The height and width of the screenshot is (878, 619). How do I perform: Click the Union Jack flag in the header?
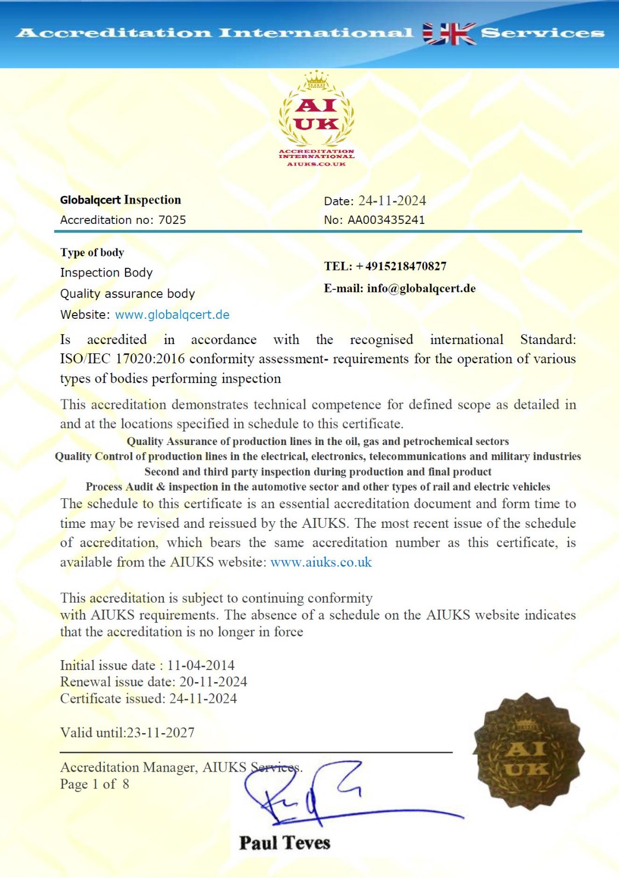[449, 34]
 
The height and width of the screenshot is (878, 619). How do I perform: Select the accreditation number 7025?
[172, 220]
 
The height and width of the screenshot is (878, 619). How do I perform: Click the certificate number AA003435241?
[386, 220]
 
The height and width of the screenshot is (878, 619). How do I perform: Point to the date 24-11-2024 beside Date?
[391, 201]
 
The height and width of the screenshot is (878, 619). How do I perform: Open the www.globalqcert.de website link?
[172, 315]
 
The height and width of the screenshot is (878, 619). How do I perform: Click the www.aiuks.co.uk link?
[321, 562]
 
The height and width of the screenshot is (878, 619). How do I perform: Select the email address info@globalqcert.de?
[421, 289]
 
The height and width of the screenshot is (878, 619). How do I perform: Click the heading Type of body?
[92, 252]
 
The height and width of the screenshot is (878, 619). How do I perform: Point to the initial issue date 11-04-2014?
[201, 666]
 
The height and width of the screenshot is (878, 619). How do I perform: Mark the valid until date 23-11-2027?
[160, 733]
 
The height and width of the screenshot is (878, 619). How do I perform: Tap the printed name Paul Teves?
[285, 843]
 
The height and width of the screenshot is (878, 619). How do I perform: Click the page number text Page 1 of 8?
[94, 784]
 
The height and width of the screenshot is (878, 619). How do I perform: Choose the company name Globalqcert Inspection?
[120, 200]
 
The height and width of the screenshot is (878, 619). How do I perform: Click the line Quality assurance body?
[127, 294]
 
